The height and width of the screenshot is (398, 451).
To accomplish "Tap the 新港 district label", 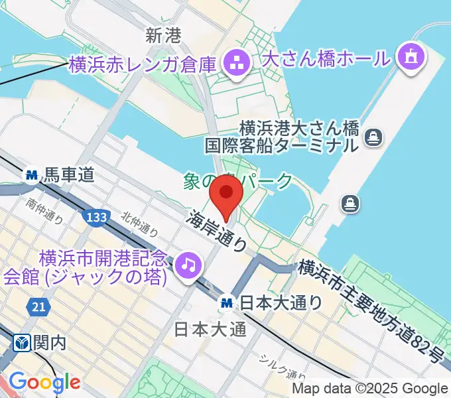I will pos(162,36).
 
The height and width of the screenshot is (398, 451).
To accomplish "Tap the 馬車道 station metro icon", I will pos(31,175).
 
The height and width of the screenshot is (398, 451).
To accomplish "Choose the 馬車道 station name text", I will pos(68,175).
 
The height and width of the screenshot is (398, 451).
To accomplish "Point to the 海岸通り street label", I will pos(216,231).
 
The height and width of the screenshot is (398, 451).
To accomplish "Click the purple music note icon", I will pos(188,265).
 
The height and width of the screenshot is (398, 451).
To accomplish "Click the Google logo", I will pos(44,381).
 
